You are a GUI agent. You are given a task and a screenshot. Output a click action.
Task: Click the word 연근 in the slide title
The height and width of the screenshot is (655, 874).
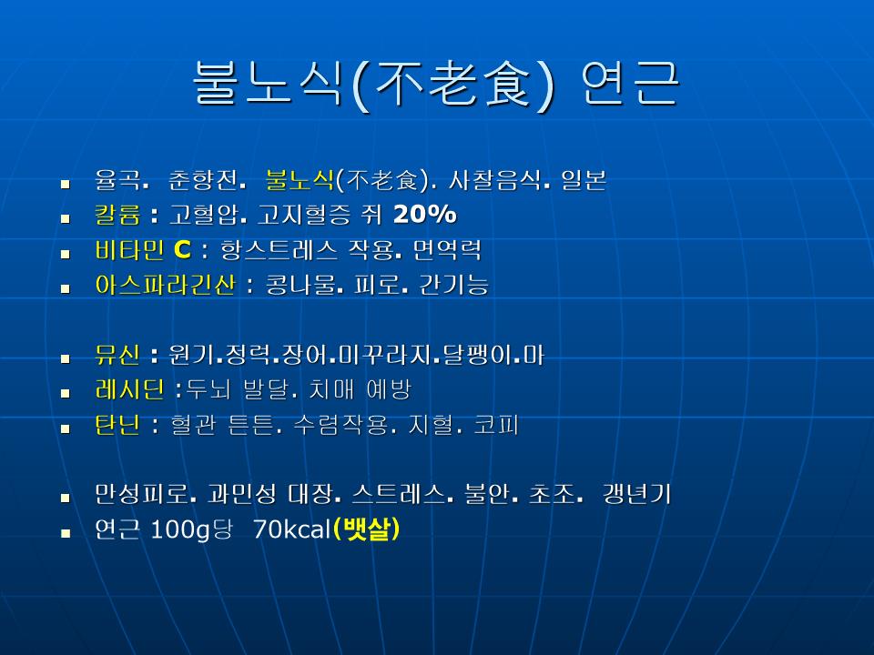pos(629,83)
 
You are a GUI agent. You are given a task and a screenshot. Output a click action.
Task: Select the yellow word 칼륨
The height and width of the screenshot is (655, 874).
pos(117,215)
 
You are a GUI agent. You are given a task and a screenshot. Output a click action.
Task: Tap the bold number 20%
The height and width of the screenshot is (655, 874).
pos(425,214)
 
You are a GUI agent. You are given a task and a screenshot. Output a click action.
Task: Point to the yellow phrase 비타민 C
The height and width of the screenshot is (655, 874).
pos(143,250)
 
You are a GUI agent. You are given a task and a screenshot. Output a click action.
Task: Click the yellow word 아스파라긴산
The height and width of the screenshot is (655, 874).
pos(165,285)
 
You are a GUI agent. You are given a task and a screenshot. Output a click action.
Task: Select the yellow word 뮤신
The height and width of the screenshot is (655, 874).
pos(117,355)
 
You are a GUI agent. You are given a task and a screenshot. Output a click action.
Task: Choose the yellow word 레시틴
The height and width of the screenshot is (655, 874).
pos(130,389)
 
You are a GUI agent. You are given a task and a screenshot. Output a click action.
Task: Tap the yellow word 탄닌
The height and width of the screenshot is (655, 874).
pos(117,425)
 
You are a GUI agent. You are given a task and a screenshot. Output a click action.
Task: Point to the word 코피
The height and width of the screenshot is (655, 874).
pos(496,425)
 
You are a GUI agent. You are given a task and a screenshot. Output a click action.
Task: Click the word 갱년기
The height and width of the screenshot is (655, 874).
pos(636,494)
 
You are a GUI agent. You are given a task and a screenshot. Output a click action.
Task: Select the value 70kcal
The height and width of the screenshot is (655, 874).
pos(292,529)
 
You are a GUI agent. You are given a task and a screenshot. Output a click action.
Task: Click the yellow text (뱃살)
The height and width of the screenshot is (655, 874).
pos(366,529)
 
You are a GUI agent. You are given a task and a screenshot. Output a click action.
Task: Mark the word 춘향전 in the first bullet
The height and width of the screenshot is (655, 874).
pos(203,180)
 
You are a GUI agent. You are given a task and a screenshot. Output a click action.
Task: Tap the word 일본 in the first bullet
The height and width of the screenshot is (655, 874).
pos(584,180)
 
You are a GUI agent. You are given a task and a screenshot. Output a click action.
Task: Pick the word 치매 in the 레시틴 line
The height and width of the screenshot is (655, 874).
pos(331,389)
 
